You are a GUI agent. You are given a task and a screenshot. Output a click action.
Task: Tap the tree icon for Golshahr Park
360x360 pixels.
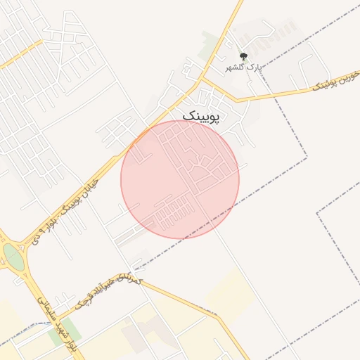243,56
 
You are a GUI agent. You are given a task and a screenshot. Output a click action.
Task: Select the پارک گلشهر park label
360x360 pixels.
243,67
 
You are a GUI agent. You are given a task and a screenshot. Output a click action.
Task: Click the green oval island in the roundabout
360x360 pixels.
13,257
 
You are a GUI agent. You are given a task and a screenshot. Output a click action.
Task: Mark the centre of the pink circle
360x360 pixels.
180,179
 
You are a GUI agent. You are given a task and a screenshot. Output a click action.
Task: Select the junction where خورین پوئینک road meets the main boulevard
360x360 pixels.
202,78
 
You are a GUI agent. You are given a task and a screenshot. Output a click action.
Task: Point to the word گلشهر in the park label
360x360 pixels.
234,67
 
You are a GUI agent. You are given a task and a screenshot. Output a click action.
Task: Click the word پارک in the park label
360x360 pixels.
256,67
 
